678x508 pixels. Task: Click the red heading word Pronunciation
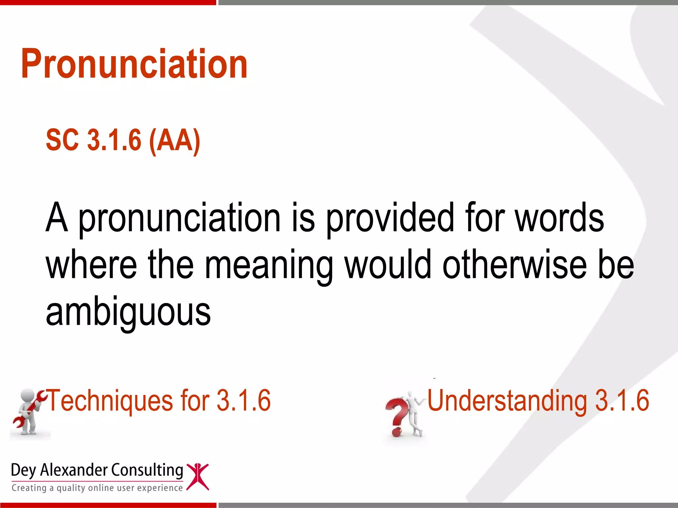click(x=134, y=64)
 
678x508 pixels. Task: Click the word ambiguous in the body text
click(x=128, y=312)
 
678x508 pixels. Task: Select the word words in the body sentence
click(x=559, y=218)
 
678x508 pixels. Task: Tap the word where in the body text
click(x=91, y=265)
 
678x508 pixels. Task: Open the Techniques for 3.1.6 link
click(x=159, y=401)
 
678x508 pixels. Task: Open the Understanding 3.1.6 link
click(x=538, y=401)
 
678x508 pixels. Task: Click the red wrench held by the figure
click(x=28, y=410)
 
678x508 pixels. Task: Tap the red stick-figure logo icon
click(x=198, y=476)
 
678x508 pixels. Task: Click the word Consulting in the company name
click(x=147, y=470)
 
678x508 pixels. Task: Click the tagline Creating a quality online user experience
click(x=97, y=488)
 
